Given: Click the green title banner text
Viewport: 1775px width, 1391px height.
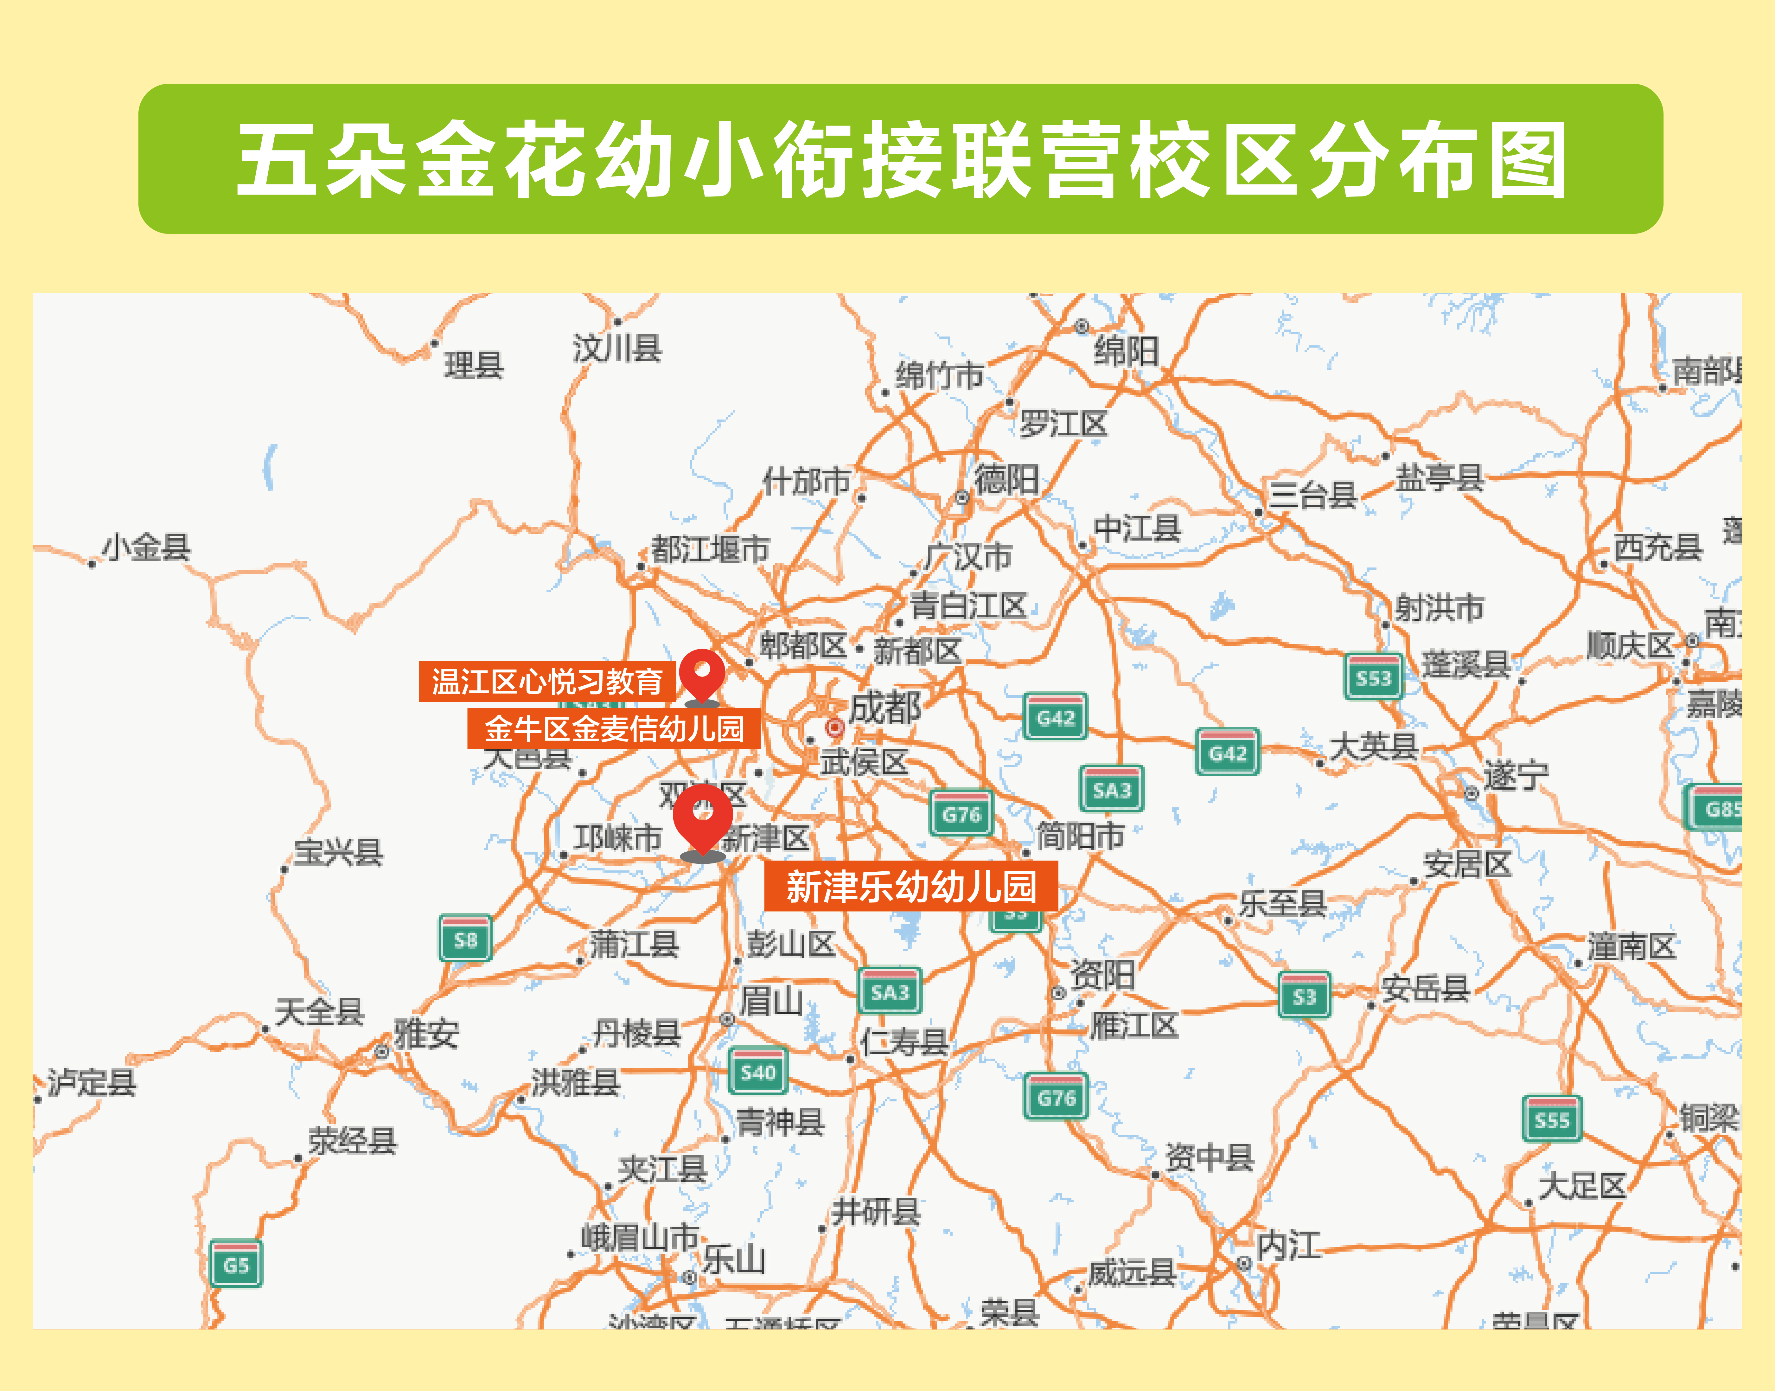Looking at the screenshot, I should tap(901, 159).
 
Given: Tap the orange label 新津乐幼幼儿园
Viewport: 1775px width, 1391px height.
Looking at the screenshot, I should tap(910, 886).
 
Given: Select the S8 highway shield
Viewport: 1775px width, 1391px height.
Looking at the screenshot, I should tap(465, 939).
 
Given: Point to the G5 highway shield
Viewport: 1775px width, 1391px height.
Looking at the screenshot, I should tap(235, 1264).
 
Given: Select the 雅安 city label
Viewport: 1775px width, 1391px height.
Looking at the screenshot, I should tap(426, 1034).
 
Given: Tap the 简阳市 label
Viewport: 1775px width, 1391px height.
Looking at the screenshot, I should tap(1080, 836).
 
